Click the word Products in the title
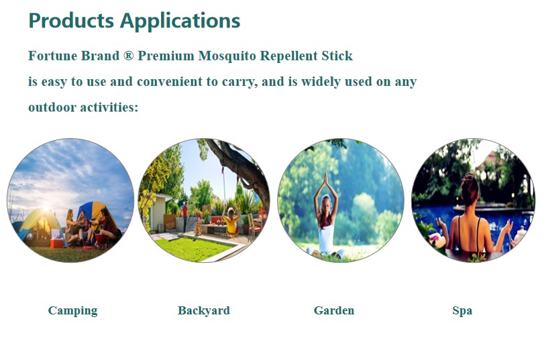(x=71, y=20)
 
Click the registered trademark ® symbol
(x=128, y=56)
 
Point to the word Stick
(x=337, y=56)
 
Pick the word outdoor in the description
(x=52, y=107)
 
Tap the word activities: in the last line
(x=109, y=107)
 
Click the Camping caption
(x=72, y=310)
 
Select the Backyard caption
(x=204, y=310)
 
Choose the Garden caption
(x=334, y=310)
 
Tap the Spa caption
(x=462, y=310)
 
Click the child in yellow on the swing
(x=231, y=221)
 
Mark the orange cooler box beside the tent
(x=57, y=243)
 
